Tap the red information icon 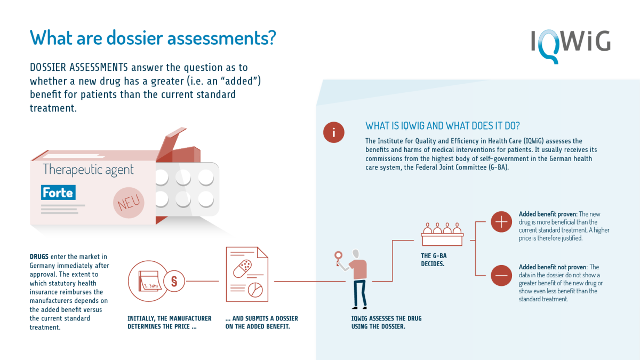pos(334,132)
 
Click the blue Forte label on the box pos(58,193)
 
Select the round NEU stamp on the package pos(129,203)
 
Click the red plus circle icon pos(501,222)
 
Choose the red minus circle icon pos(501,275)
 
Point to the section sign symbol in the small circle pos(174,281)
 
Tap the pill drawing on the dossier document pos(243,269)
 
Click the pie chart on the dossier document pos(255,290)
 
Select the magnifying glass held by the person pos(339,258)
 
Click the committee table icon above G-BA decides pos(442,234)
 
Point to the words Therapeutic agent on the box pos(88,170)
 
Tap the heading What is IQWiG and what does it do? pos(443,126)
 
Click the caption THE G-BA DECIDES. pos(434,260)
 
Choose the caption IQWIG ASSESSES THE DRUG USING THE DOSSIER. pos(386,322)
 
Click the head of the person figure pos(356,254)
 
